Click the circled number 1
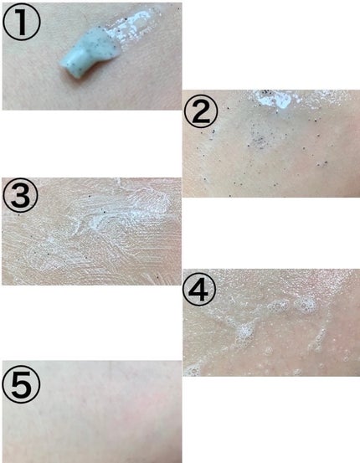(21, 23)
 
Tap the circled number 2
(201, 111)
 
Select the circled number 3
(20, 195)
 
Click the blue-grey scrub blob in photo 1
(89, 54)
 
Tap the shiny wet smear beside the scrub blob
(133, 24)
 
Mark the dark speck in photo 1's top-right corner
(178, 9)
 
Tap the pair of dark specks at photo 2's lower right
(322, 163)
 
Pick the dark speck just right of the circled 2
(228, 108)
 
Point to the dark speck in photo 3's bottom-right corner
(157, 277)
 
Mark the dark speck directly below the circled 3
(18, 214)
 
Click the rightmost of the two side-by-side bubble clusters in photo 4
(306, 305)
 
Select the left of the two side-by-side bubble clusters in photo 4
(278, 306)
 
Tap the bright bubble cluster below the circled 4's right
(244, 332)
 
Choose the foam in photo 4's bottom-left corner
(192, 371)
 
